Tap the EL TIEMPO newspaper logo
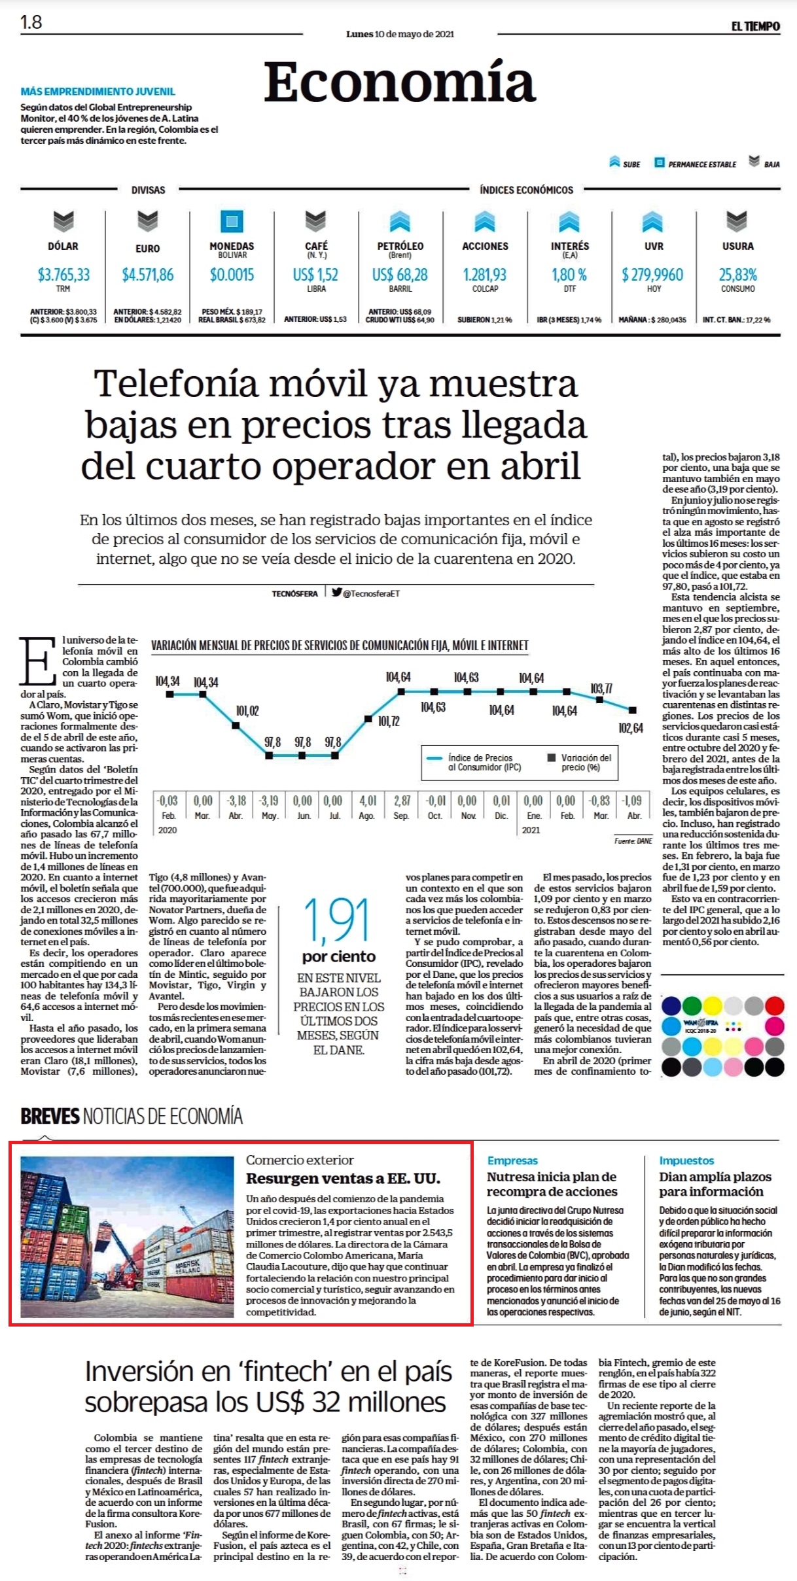coord(755,26)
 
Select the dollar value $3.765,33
coord(63,275)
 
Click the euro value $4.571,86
coord(148,275)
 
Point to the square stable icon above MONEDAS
coord(232,221)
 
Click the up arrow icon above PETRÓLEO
coord(400,222)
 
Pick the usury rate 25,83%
coord(737,275)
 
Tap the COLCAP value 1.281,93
coord(485,275)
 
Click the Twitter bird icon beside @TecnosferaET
coord(336,593)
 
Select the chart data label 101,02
coord(247,711)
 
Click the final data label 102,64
coord(631,728)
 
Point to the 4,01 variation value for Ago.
coord(368,801)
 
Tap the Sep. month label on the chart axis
coord(401,816)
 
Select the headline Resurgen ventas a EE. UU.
coord(343,1179)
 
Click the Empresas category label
coord(512,1160)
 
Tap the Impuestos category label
coord(686,1160)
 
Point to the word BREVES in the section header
coord(50,1116)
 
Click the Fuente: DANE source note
coord(633,841)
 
